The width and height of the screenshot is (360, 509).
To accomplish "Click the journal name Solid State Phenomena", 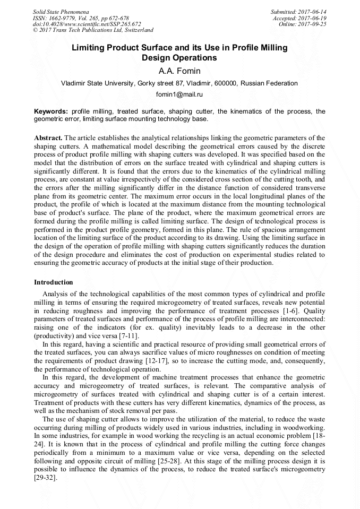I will (x=61, y=11).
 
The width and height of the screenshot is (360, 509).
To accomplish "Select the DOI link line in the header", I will (x=87, y=24).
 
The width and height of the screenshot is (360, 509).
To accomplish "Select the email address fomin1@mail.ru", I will (x=179, y=94).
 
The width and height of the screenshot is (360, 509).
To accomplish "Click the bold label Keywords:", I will (x=51, y=111).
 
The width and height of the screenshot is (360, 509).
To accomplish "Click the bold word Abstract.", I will (x=47, y=137).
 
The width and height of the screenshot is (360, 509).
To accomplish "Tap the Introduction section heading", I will (x=53, y=282).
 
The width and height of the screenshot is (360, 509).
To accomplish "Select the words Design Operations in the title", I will (x=179, y=58).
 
